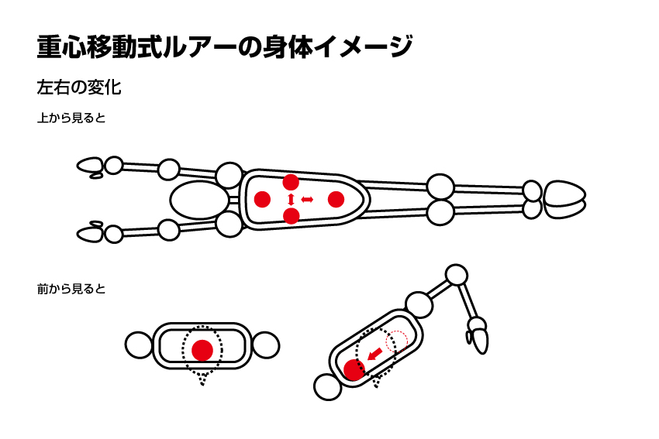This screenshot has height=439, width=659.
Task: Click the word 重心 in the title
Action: click(x=62, y=46)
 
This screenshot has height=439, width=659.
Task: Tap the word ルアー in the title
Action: click(x=200, y=46)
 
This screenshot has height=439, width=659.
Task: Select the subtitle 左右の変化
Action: click(x=79, y=87)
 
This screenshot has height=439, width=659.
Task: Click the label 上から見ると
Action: click(x=71, y=118)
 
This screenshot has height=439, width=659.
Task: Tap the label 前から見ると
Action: click(x=71, y=289)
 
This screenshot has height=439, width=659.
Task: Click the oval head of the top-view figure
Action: click(x=200, y=201)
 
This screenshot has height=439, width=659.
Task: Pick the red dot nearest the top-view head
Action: click(x=262, y=199)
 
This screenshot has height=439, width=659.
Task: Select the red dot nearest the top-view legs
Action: click(x=336, y=199)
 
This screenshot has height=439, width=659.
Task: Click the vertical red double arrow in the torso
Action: click(x=291, y=199)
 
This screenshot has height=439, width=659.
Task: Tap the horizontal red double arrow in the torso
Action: click(x=307, y=199)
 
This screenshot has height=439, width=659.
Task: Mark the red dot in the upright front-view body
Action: click(x=202, y=350)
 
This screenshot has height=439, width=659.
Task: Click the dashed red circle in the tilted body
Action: click(x=397, y=341)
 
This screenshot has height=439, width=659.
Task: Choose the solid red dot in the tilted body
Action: click(x=354, y=370)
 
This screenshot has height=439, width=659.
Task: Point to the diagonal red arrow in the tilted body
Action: click(x=375, y=355)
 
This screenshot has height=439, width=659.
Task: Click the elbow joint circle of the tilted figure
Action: click(x=456, y=276)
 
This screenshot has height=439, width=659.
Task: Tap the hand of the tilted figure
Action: click(x=479, y=335)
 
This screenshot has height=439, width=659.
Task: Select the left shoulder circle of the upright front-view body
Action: click(x=139, y=345)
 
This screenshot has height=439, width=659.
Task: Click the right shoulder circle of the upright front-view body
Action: click(x=266, y=345)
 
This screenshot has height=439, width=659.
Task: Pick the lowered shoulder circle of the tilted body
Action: click(x=328, y=387)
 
